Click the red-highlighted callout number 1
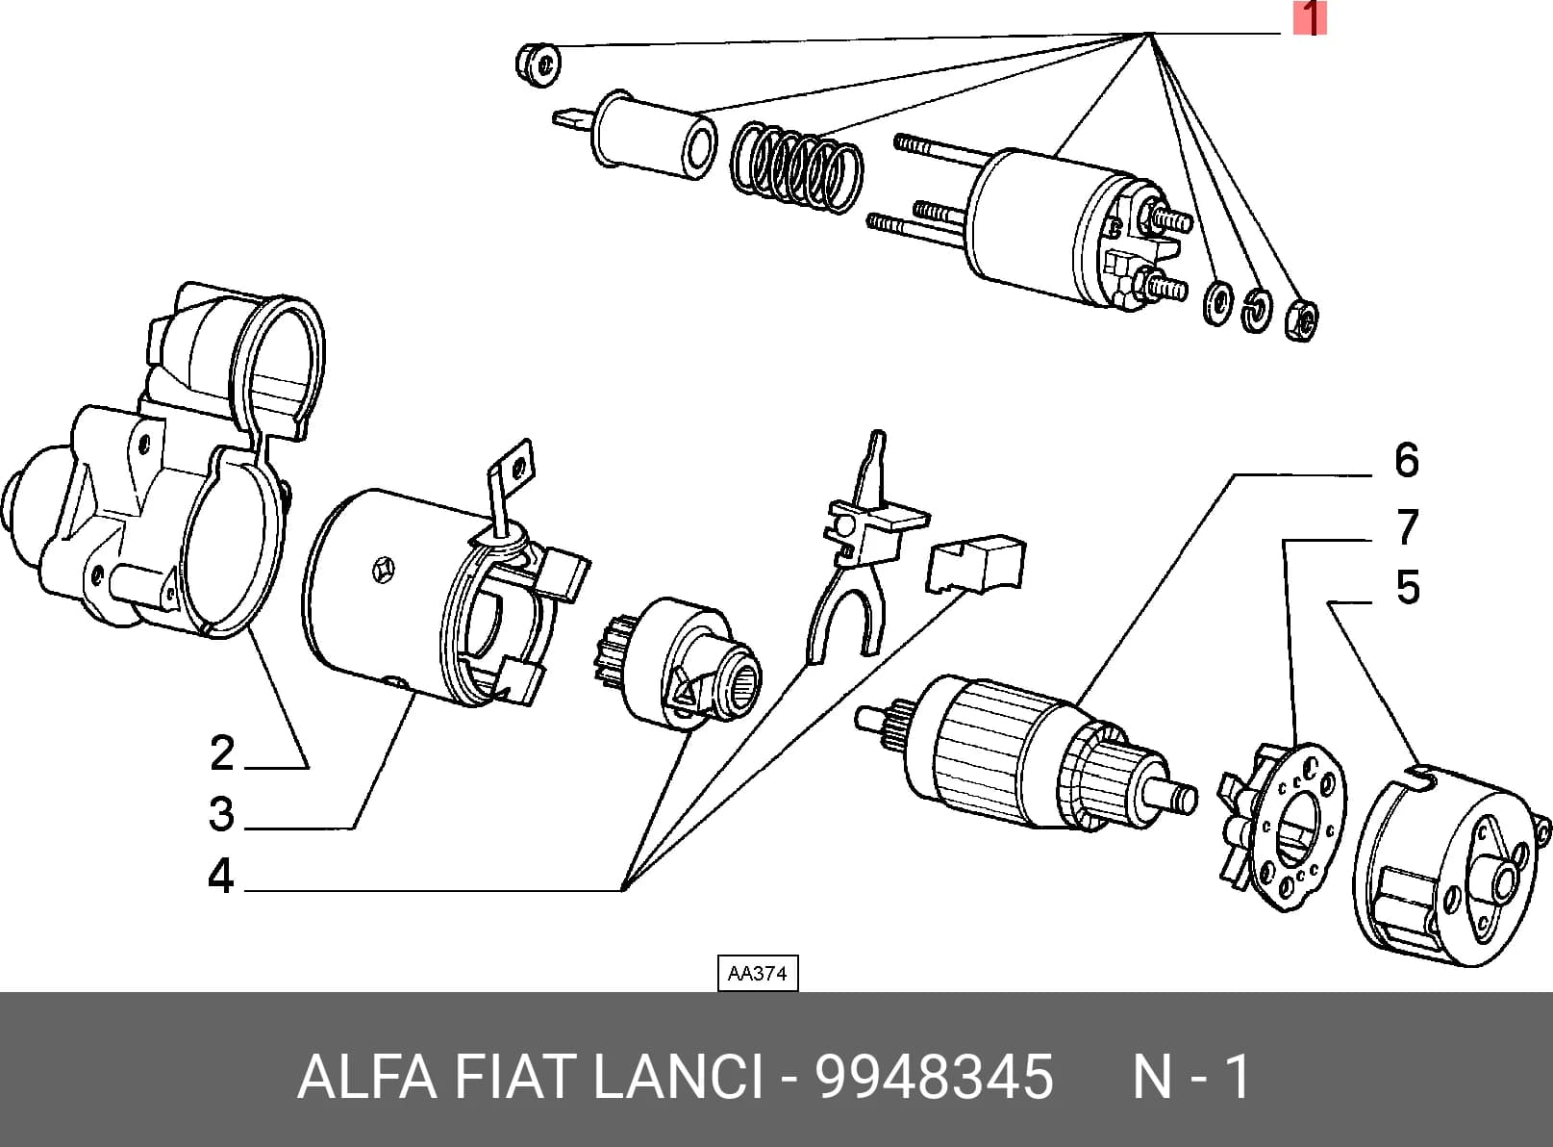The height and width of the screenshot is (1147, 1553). [1310, 18]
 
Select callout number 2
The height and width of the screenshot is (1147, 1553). [223, 754]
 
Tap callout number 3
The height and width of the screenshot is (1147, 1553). [222, 814]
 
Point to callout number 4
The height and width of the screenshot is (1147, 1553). [220, 876]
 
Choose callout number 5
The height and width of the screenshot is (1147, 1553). [1408, 587]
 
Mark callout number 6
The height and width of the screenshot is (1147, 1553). [1407, 460]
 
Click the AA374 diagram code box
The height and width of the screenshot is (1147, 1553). [758, 973]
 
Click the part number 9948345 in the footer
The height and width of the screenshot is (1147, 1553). [934, 1076]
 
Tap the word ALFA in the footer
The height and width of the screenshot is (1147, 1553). [367, 1076]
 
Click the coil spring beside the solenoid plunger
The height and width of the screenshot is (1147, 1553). [796, 168]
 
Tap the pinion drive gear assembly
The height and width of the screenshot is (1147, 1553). [678, 663]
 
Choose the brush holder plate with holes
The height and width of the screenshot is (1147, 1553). [1282, 826]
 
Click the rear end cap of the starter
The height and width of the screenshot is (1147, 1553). [1449, 866]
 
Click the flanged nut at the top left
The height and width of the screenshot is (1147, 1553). [538, 64]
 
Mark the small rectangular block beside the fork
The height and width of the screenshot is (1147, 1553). [975, 563]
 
